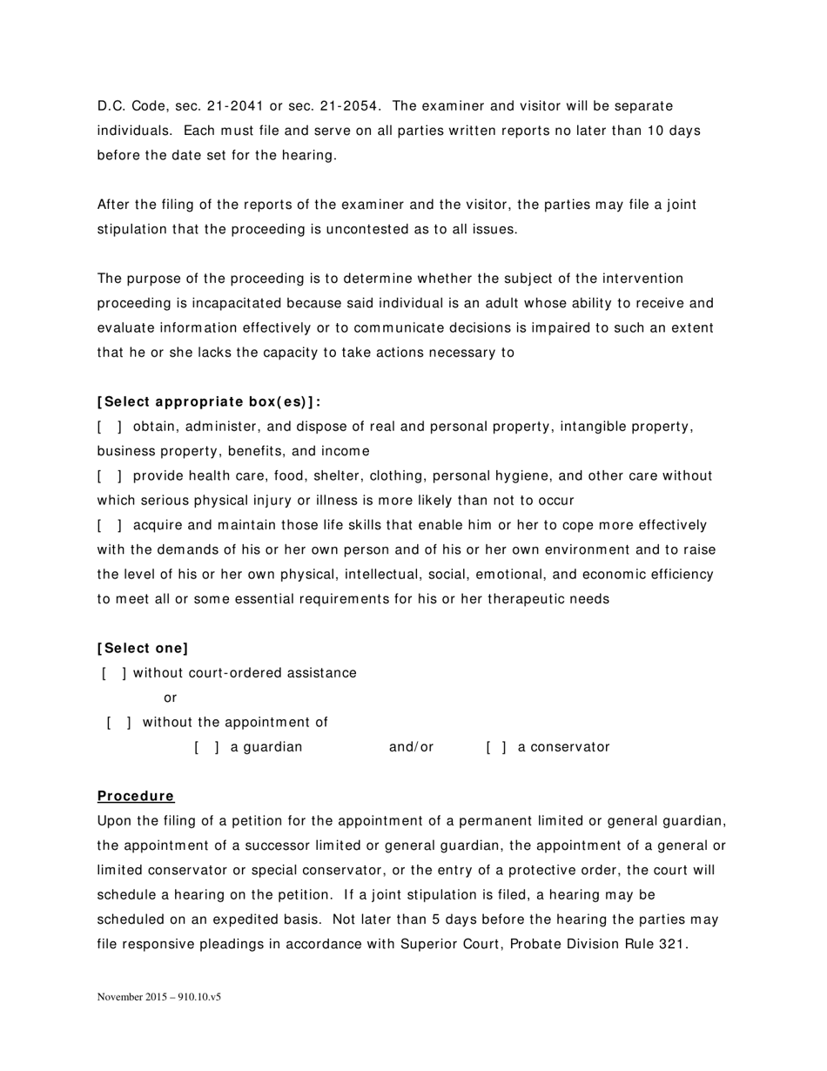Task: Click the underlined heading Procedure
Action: point(136,796)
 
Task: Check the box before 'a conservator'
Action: point(497,747)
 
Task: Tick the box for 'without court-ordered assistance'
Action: point(114,673)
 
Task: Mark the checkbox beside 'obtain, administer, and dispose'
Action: point(109,427)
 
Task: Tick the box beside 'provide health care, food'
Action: point(109,476)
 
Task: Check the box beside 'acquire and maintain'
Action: point(109,525)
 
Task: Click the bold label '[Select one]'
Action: point(143,648)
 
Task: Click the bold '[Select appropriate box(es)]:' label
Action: point(209,402)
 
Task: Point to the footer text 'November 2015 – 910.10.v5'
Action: point(158,997)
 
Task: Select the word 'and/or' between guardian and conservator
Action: point(411,747)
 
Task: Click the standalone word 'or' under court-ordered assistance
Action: point(170,697)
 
